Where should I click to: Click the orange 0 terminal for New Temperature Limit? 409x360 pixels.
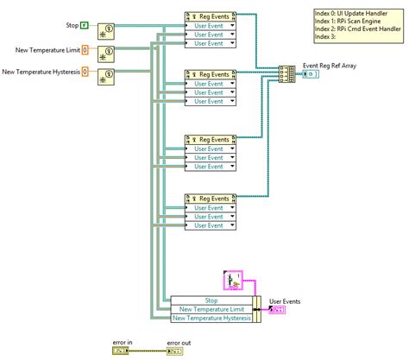coord(85,49)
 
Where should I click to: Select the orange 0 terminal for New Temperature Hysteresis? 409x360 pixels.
coord(85,72)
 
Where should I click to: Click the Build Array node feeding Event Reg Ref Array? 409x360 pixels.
coord(286,75)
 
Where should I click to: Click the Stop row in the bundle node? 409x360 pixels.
coord(212,300)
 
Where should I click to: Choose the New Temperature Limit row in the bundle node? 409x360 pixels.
coord(212,308)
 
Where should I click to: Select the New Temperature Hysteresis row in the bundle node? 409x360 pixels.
coord(212,318)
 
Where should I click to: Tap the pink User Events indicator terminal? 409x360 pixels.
coord(278,309)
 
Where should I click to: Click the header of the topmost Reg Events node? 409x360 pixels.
coord(211,16)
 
